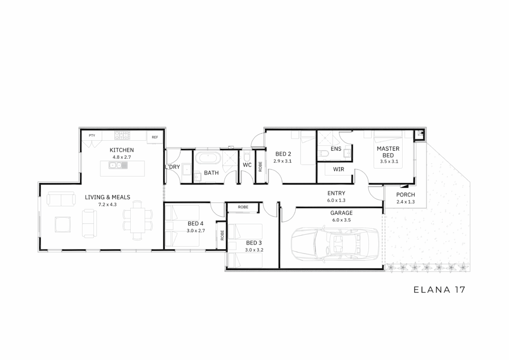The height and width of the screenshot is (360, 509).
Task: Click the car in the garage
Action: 335,244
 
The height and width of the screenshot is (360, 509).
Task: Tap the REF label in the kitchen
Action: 155,137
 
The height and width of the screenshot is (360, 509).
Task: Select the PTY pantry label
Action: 92,135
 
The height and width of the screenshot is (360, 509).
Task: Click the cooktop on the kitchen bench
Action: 122,135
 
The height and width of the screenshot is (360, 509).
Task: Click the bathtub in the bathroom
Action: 210,159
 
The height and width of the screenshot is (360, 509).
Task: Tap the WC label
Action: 247,165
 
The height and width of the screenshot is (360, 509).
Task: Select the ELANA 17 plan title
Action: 439,289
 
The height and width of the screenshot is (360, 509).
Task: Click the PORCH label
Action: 406,195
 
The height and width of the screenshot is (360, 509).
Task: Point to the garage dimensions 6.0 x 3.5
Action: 341,220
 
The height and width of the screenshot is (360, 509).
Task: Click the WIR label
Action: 339,169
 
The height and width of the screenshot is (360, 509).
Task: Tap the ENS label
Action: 336,149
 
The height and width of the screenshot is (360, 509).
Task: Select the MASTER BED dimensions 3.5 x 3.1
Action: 389,161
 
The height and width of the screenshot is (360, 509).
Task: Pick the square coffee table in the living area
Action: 63,225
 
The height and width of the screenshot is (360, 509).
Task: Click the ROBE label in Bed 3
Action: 243,207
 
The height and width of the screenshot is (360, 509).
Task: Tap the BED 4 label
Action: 195,224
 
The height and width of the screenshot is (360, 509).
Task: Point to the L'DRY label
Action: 172,167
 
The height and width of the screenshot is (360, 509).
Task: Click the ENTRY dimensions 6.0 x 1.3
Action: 336,200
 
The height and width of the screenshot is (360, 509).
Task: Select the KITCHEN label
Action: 122,150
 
